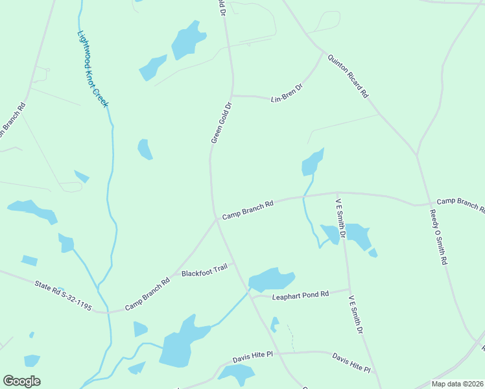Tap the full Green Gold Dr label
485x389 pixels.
[221, 123]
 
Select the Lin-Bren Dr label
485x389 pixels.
[287, 92]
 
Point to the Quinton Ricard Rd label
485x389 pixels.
[348, 76]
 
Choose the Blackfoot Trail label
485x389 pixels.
[205, 270]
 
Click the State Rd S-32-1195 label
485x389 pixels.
[63, 294]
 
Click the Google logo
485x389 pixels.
[21, 381]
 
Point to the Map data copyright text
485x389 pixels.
[456, 384]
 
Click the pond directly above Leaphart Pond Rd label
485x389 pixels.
[272, 279]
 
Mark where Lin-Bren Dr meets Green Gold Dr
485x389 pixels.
[232, 95]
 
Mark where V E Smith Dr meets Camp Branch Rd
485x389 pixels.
[337, 193]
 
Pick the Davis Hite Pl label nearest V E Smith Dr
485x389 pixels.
[351, 363]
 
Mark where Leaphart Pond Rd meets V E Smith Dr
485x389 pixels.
[349, 290]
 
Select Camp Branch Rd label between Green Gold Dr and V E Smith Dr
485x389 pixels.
[248, 209]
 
